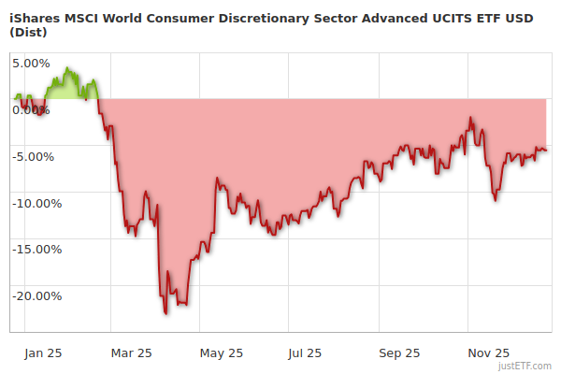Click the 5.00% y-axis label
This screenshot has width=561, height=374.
click(31, 64)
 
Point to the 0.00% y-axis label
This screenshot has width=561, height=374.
click(31, 110)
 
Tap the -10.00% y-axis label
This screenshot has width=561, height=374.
click(36, 204)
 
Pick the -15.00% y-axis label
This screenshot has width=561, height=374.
click(36, 251)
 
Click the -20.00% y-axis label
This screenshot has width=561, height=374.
click(36, 297)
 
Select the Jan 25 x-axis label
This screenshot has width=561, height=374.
click(43, 353)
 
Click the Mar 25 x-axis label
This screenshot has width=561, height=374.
click(132, 353)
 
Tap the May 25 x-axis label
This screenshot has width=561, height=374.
click(222, 353)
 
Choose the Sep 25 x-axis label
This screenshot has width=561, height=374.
click(399, 353)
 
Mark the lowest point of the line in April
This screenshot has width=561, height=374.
click(166, 314)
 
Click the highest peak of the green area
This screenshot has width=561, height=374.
click(68, 68)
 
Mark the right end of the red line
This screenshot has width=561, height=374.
click(546, 151)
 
